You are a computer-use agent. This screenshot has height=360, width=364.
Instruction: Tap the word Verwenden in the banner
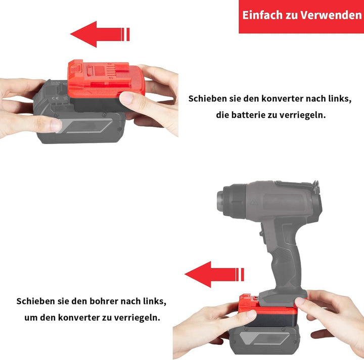[x=331, y=15]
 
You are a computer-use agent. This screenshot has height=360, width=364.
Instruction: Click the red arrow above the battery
[x=100, y=34]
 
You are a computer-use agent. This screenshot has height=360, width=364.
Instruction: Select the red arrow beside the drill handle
[x=214, y=275]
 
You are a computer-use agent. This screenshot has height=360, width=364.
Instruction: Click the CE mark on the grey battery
[x=55, y=98]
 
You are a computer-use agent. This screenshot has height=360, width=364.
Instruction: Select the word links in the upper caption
[x=340, y=99]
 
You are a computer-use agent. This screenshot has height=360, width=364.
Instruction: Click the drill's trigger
[x=262, y=232]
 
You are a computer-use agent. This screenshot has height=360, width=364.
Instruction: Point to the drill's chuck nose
[x=221, y=201]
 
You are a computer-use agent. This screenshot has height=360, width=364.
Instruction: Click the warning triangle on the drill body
[x=254, y=202]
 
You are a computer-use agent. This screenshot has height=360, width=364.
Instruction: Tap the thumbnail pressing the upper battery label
[x=56, y=125]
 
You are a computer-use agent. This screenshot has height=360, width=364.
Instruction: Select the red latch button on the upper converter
[x=76, y=67]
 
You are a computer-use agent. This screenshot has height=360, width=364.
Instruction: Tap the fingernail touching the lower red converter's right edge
[x=300, y=301]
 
